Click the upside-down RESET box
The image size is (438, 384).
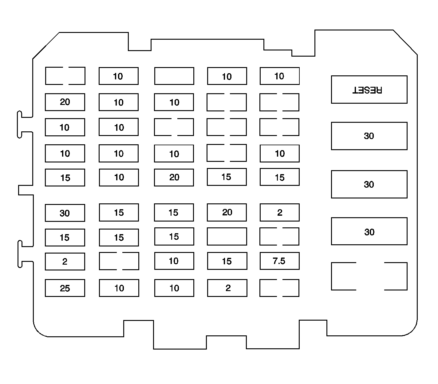point(369,90)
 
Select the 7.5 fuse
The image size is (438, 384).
point(279,261)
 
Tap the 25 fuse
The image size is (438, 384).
point(65,288)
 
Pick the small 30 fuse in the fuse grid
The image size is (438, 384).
point(65,213)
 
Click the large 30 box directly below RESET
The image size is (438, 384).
point(369,136)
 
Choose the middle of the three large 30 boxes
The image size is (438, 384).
point(369,184)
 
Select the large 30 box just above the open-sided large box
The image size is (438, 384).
point(369,231)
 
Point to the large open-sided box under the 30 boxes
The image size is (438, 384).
point(369,276)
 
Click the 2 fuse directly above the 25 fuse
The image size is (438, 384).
point(65,262)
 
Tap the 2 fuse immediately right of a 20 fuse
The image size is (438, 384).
point(279,213)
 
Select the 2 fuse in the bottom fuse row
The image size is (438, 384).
point(227,288)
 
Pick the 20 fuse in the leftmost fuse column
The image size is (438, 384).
point(65,102)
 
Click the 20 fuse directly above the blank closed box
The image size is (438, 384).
point(227,212)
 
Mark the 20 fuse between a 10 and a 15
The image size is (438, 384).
point(174,178)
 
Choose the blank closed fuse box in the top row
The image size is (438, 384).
point(174,76)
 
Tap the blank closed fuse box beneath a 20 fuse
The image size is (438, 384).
point(227,236)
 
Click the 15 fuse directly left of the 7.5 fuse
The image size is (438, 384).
point(227,261)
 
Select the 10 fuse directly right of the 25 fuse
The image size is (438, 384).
point(119,288)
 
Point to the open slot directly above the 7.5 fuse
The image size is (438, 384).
point(279,236)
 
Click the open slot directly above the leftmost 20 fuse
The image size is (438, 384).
point(65,76)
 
